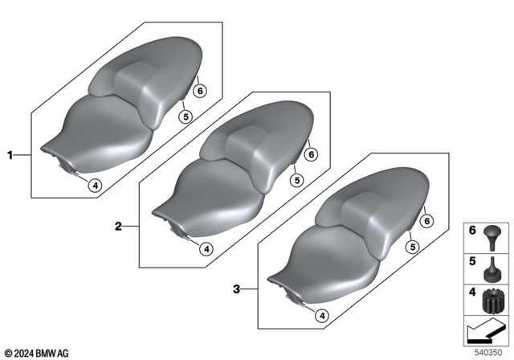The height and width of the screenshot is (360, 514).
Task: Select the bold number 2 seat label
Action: pyautogui.click(x=117, y=227)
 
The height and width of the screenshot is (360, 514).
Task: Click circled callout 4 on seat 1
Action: pyautogui.click(x=95, y=186)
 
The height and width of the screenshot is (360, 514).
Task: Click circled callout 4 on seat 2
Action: pyautogui.click(x=206, y=249)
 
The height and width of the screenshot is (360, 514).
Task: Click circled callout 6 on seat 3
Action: pyautogui.click(x=427, y=221)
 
